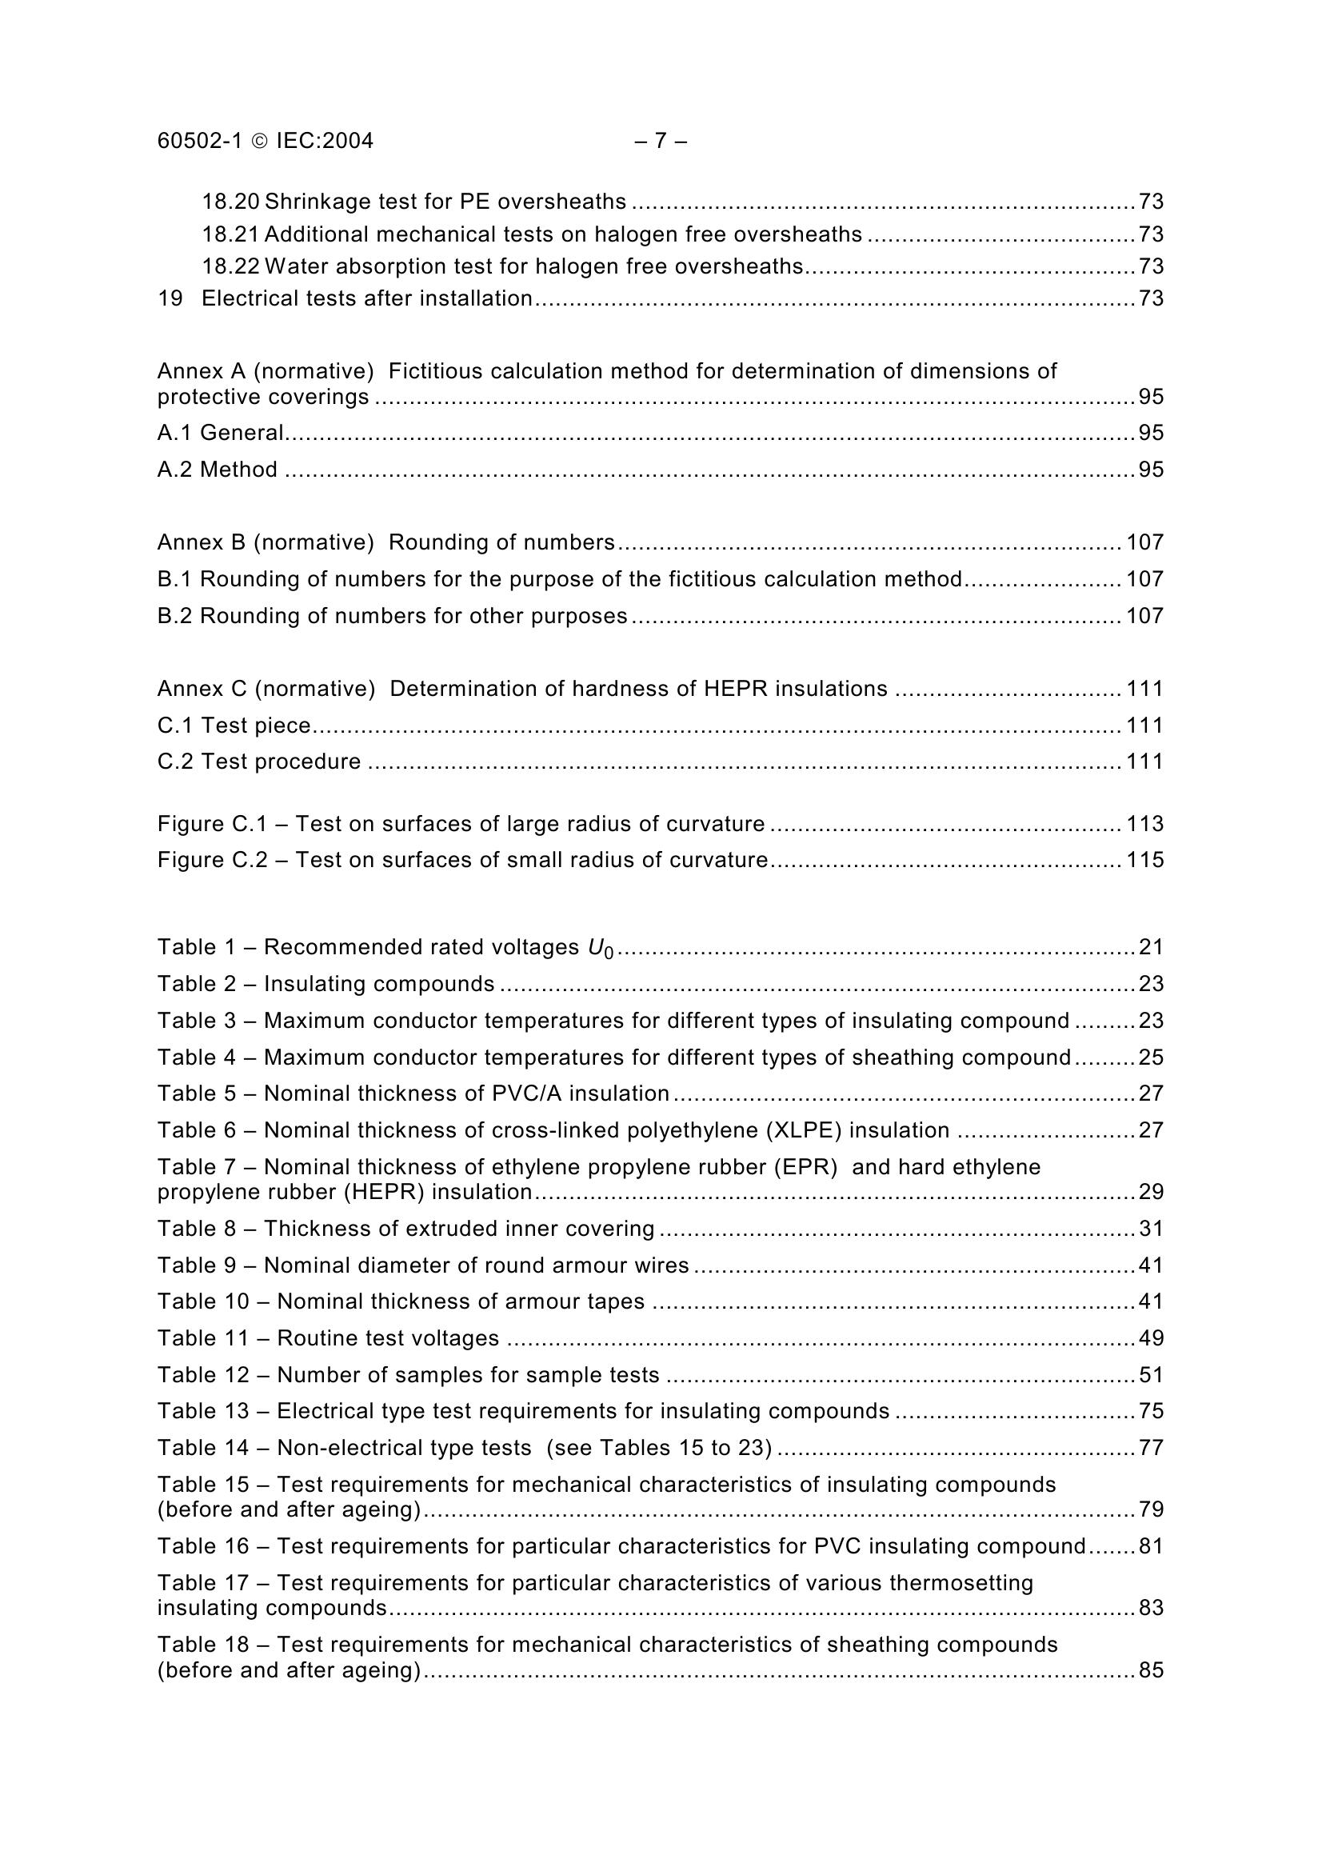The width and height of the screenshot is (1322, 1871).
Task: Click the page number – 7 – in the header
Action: (x=660, y=141)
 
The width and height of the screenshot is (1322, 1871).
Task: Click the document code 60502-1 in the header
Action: (x=200, y=141)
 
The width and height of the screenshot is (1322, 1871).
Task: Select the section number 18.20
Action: (x=230, y=202)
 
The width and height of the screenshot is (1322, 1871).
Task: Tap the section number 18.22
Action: (x=230, y=266)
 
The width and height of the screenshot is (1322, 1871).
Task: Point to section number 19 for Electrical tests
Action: (x=170, y=298)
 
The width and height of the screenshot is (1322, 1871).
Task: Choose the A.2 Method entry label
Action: (x=218, y=470)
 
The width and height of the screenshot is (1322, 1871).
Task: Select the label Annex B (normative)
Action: (x=266, y=542)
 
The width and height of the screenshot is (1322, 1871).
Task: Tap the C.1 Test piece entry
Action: (x=234, y=726)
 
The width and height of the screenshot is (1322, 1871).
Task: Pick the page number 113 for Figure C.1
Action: (x=1144, y=824)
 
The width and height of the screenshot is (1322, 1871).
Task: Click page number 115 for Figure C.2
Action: (x=1144, y=860)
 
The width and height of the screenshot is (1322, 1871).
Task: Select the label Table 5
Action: (x=196, y=1093)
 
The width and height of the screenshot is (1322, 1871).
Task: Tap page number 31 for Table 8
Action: (x=1151, y=1228)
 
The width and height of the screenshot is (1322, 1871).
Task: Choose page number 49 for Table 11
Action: (x=1151, y=1338)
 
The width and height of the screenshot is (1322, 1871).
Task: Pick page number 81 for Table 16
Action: (x=1151, y=1546)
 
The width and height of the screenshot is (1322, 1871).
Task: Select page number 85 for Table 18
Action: (x=1151, y=1670)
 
